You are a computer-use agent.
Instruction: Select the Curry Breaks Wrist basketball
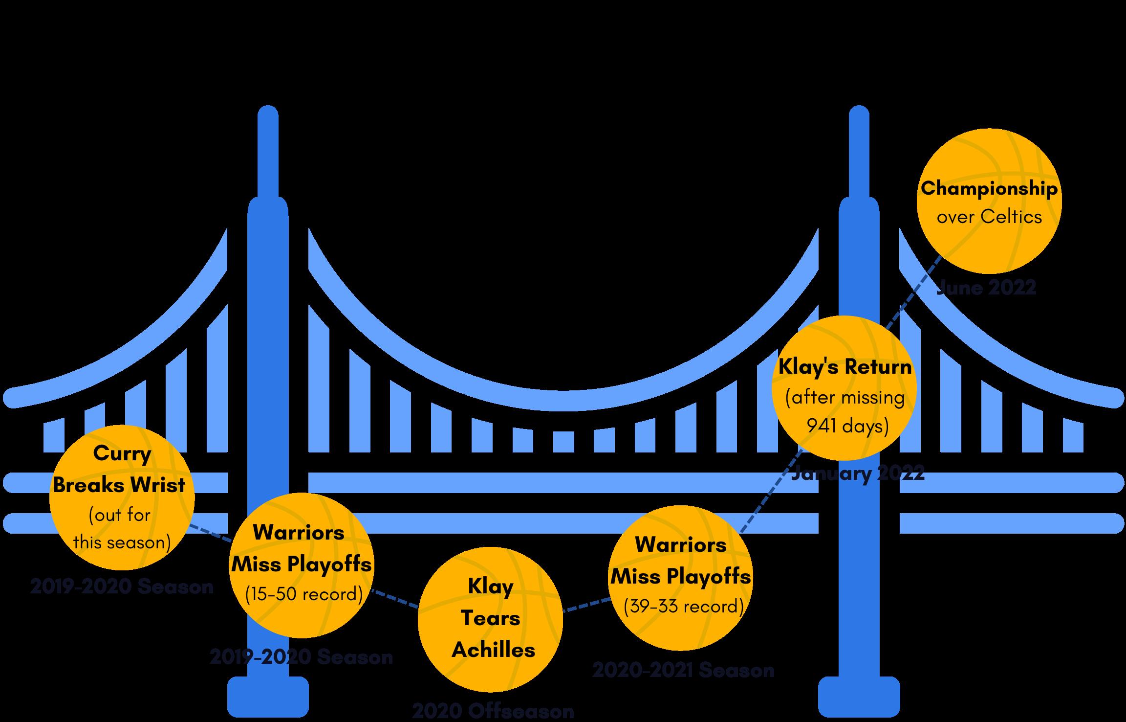[x=122, y=498]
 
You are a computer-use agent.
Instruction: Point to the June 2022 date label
[x=986, y=288]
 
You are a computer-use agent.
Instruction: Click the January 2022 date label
[x=858, y=473]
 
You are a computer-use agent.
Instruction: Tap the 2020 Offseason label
[x=493, y=711]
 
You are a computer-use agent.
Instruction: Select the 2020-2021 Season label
[x=683, y=670]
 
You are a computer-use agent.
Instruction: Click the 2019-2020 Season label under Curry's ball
[x=122, y=587]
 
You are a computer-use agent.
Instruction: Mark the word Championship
[x=989, y=188]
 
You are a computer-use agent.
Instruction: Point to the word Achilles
[x=493, y=650]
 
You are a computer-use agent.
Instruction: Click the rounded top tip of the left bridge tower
[x=268, y=115]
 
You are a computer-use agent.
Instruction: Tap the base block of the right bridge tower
[x=859, y=697]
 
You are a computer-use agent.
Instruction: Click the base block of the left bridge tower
[x=268, y=697]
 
